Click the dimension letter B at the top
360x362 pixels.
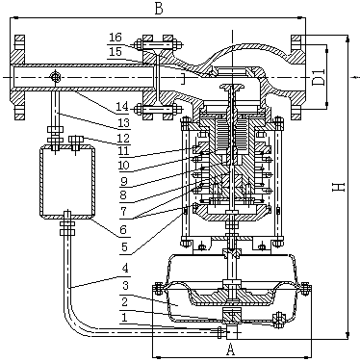[x=159, y=9]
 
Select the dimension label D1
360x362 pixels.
[x=319, y=77]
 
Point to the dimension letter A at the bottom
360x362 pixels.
[x=230, y=349]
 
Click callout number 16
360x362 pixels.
[x=116, y=38]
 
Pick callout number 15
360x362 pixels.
[x=116, y=52]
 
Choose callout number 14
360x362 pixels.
[x=122, y=107]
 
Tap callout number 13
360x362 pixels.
[x=122, y=122]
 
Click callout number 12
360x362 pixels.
[x=122, y=139]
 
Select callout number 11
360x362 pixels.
[x=122, y=151]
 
